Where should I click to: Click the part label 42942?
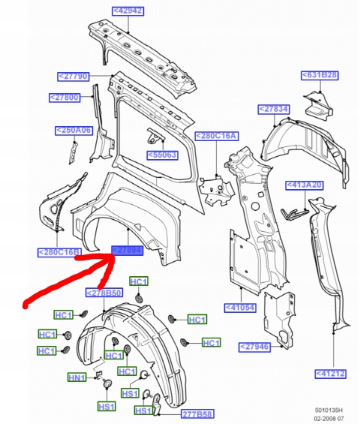[127, 11]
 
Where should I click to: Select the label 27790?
[73, 76]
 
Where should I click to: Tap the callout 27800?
[64, 97]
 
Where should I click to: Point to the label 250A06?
[73, 130]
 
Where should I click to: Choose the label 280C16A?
[216, 136]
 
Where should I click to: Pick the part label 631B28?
[320, 75]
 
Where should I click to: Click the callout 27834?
[274, 110]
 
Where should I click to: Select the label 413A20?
[304, 185]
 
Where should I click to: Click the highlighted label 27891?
[126, 251]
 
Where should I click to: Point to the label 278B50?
[103, 293]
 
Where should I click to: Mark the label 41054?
[242, 307]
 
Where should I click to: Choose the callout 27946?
[254, 346]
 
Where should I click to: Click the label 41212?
[331, 373]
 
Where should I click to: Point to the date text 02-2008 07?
[328, 418]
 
